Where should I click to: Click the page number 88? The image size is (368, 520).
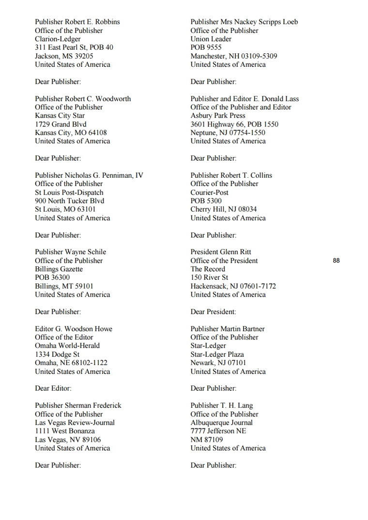[337, 260]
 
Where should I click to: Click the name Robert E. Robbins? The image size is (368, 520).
[92, 22]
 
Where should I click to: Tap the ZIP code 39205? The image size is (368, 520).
[84, 56]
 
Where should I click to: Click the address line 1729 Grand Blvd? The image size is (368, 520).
[61, 124]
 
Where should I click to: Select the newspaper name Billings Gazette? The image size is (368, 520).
[59, 269]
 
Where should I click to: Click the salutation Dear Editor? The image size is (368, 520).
[53, 388]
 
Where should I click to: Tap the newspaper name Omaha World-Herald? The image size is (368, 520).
[67, 346]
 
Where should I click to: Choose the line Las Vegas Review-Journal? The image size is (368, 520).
[75, 423]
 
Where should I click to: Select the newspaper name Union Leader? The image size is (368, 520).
[211, 39]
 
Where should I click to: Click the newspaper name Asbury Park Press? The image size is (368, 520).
[217, 116]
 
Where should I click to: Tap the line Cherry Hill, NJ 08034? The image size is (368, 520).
[223, 210]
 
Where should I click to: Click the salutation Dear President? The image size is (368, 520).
[213, 312]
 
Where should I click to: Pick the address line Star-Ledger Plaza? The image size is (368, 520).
[217, 354]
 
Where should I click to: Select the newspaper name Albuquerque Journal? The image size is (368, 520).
[221, 423]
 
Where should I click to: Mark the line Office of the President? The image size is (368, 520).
[224, 260]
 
